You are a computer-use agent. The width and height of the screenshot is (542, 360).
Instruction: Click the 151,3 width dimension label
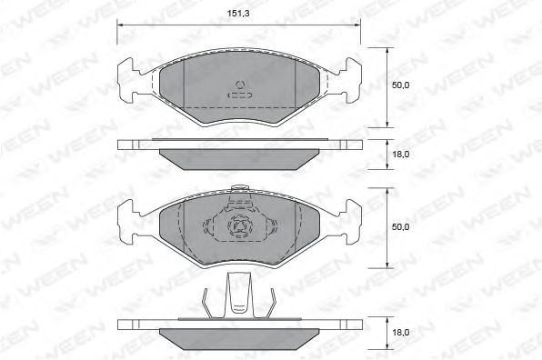pos(242,13)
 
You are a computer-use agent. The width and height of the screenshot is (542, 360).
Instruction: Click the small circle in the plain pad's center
pos(241,88)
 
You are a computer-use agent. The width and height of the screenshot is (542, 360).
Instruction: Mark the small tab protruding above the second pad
pos(241,190)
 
